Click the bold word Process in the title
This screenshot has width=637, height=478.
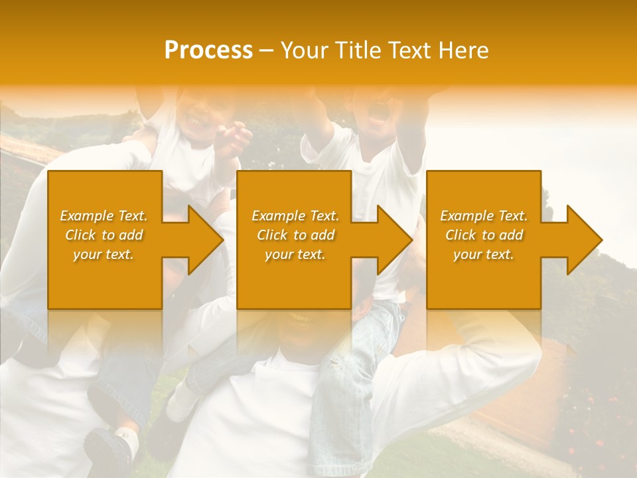[208, 50]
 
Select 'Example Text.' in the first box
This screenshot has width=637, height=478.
[104, 216]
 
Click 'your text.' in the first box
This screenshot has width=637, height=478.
[104, 254]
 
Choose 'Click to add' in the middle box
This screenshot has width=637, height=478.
[295, 235]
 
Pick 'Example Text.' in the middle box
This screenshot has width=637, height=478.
[295, 216]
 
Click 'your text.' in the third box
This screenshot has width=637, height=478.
[484, 254]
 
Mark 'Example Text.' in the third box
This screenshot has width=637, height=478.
[484, 216]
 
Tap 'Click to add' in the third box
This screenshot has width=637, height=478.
[484, 235]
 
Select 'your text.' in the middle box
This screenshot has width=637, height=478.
[295, 254]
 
